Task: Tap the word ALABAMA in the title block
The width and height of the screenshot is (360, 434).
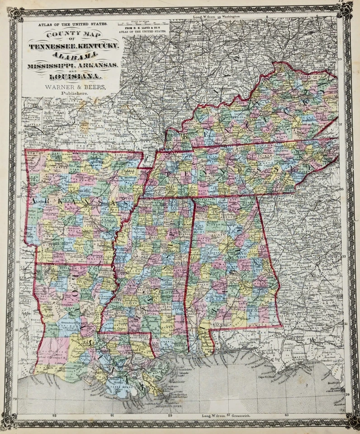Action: click(x=74, y=55)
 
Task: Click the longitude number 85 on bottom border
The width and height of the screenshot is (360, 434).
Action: click(x=286, y=415)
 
